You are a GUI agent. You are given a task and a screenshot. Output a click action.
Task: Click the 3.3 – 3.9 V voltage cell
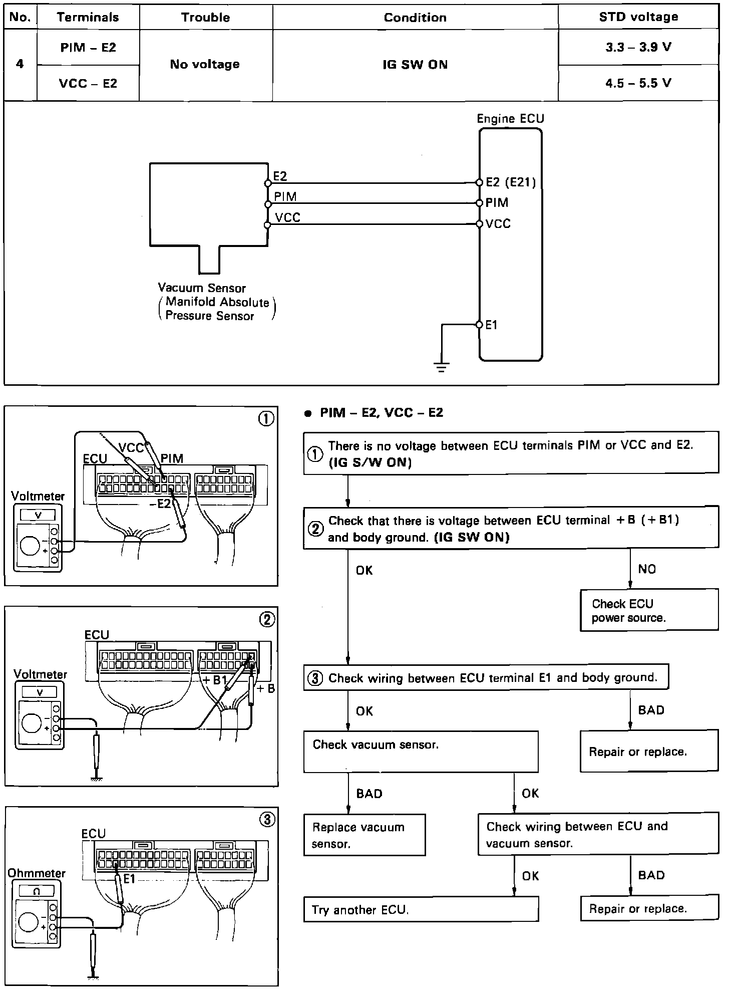(x=638, y=47)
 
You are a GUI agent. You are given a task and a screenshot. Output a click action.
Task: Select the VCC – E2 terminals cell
(x=88, y=83)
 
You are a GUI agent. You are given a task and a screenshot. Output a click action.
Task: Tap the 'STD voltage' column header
(x=638, y=17)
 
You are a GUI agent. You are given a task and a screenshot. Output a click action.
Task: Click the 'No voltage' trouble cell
(x=205, y=64)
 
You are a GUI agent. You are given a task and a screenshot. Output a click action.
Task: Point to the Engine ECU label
(x=510, y=119)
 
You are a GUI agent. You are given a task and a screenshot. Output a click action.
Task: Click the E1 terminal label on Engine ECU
(x=492, y=325)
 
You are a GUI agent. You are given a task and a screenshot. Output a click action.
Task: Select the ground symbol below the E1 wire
(x=441, y=368)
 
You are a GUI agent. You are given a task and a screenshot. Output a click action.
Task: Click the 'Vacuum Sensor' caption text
(x=202, y=288)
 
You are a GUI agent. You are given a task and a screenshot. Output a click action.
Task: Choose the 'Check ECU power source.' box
(x=649, y=610)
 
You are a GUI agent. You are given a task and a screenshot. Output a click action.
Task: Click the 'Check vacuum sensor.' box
(x=421, y=752)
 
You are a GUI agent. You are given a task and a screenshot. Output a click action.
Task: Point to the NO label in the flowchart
(x=647, y=569)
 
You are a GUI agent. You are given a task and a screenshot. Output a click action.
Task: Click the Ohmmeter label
(x=37, y=873)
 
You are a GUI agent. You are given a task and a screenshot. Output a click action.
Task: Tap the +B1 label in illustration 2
(x=215, y=680)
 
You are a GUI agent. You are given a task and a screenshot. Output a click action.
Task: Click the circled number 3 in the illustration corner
(x=267, y=819)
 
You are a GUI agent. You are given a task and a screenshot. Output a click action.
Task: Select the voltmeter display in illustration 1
(x=38, y=515)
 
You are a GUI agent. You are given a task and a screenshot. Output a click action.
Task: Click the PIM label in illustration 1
(x=172, y=458)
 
